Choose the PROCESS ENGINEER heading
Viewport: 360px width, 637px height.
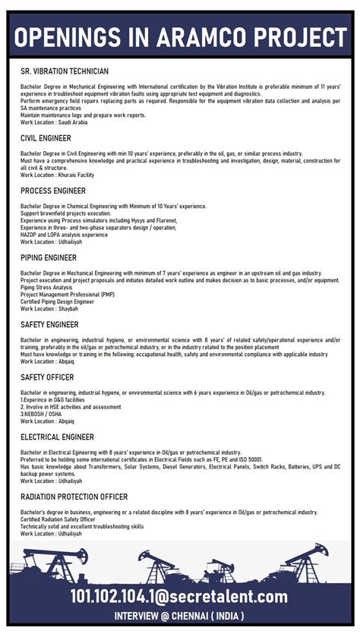(x=53, y=191)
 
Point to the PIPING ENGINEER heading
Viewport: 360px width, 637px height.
(x=49, y=257)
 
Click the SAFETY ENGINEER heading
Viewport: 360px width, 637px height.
(x=49, y=324)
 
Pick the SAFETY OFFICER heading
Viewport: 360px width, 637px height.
(x=47, y=377)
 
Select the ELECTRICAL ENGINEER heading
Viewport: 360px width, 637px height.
(x=58, y=437)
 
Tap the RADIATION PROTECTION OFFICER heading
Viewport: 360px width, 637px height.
(x=74, y=497)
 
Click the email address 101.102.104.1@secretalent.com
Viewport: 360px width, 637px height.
(x=179, y=596)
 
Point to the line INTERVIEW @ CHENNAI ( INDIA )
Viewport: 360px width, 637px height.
(x=179, y=615)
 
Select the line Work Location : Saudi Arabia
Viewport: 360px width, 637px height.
(x=54, y=122)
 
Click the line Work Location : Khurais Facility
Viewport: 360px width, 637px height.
(x=58, y=175)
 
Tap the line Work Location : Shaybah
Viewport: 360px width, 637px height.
(x=49, y=309)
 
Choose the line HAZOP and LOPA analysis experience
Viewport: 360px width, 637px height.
(x=65, y=235)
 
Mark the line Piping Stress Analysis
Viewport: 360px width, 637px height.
(x=47, y=288)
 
